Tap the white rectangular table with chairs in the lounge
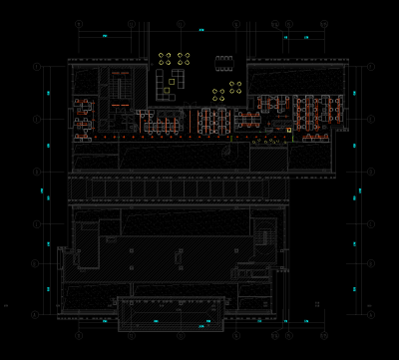tap(224, 63)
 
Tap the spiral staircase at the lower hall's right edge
tap(264, 236)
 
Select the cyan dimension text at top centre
tap(200, 32)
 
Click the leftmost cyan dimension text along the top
tap(107, 37)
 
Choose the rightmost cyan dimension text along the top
tap(306, 37)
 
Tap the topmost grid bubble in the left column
tap(37, 66)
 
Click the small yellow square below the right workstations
tap(288, 130)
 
